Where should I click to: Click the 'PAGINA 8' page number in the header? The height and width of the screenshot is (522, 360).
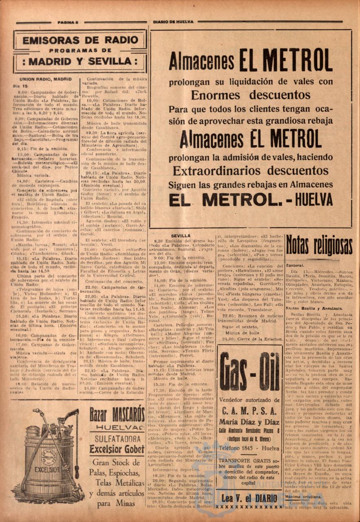click(68, 22)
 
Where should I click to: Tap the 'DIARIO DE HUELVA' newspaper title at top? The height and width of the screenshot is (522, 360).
click(173, 22)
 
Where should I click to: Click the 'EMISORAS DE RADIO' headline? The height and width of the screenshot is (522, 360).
click(80, 40)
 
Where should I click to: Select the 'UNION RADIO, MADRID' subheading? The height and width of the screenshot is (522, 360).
click(46, 79)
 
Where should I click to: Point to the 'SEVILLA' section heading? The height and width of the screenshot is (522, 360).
click(181, 236)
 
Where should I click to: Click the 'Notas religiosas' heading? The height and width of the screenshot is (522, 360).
click(319, 246)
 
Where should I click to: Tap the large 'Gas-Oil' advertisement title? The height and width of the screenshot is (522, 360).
click(249, 371)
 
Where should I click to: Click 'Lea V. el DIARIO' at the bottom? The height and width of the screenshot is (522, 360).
click(249, 498)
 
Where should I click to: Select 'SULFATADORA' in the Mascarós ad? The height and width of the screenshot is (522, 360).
click(117, 439)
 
